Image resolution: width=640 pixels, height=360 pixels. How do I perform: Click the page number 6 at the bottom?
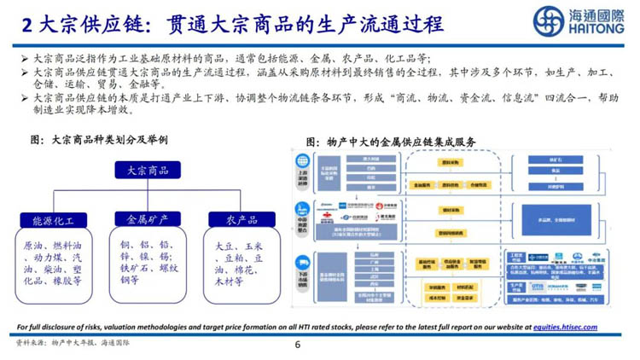(298, 345)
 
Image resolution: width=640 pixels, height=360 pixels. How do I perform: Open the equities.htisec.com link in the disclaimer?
(564, 327)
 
